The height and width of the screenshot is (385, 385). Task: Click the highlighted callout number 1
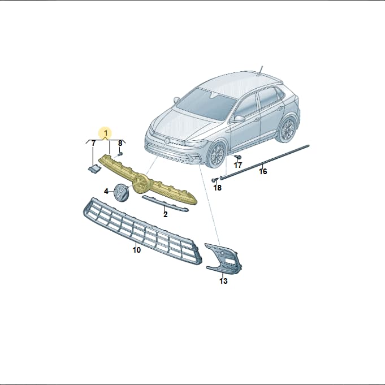106,133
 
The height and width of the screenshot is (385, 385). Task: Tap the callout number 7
93,144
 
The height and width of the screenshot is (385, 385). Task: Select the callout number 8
120,143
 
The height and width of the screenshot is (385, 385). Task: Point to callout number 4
106,191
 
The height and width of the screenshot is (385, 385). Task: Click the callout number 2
166,214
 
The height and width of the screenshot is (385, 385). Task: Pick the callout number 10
137,250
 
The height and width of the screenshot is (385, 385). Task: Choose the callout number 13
223,281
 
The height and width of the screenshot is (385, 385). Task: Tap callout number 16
263,171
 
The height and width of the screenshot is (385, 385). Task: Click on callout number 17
237,165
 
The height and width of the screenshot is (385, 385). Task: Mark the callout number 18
218,188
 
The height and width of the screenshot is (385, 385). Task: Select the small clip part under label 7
94,168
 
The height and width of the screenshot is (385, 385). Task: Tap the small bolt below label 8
120,154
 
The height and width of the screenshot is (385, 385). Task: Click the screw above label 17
237,157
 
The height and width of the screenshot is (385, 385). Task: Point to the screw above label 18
215,180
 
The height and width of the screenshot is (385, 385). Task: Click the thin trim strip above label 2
165,203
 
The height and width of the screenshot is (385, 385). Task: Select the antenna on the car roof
261,70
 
